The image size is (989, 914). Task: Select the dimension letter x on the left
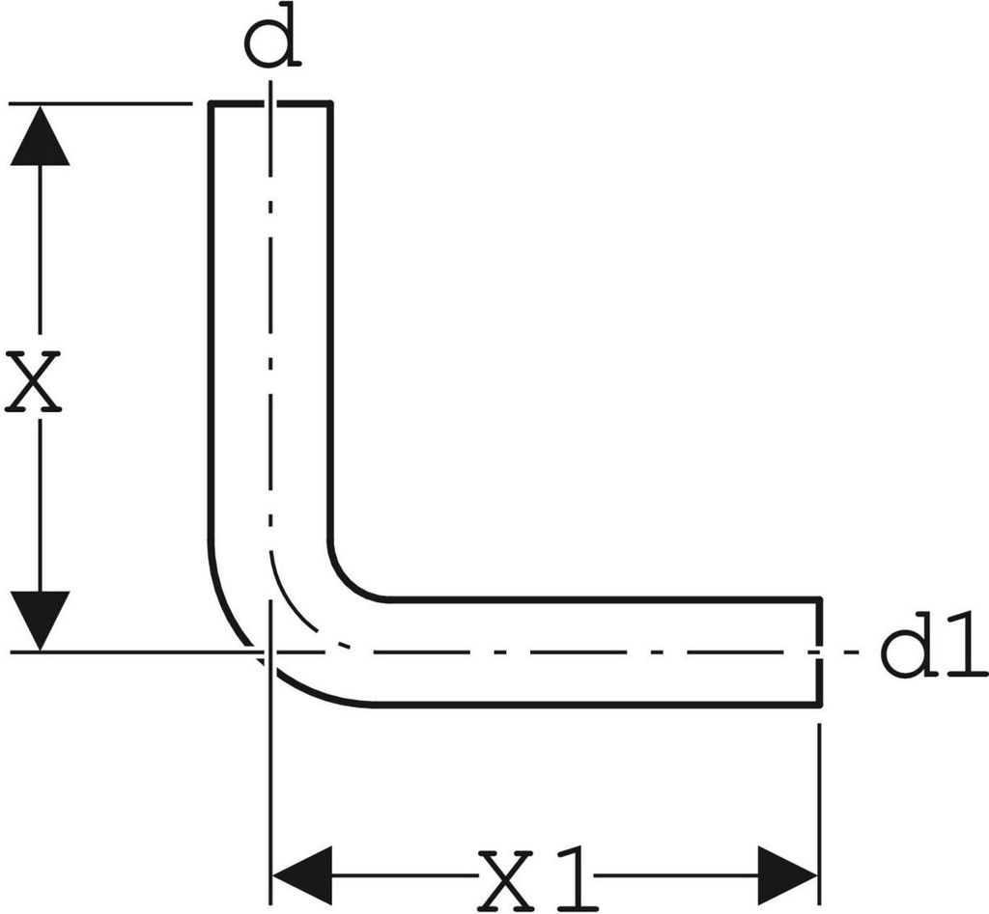coord(33,382)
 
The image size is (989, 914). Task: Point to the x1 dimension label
coord(536,879)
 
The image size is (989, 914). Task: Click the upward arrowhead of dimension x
coord(40,135)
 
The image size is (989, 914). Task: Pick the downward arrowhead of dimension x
coord(40,621)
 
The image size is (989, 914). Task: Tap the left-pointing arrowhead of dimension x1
coord(301,875)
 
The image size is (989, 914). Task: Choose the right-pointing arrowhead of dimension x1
coord(787,875)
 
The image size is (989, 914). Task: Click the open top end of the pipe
coord(270,102)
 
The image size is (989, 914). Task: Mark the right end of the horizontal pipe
coord(819,651)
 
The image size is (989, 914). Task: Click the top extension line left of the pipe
coord(100,102)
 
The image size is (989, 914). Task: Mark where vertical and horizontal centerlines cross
coord(270,651)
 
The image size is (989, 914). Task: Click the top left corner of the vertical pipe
coord(212,102)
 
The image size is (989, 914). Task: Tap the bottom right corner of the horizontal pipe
coord(819,704)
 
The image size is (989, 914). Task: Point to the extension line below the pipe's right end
coord(819,815)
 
